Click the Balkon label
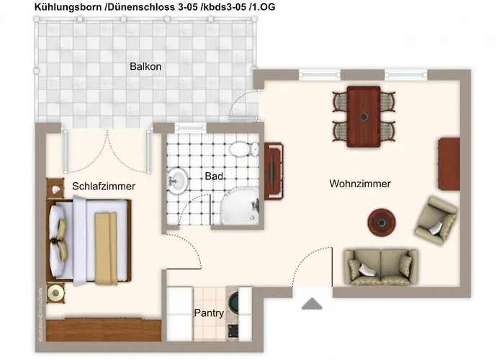145,67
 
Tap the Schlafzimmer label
104,186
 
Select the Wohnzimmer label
360,184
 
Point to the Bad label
213,176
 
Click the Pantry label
209,313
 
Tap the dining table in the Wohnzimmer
364,117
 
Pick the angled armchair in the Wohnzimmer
435,220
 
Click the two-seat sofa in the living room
379,266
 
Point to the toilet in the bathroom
243,150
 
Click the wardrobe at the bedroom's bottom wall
104,330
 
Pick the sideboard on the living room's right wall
449,163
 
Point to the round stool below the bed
57,292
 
